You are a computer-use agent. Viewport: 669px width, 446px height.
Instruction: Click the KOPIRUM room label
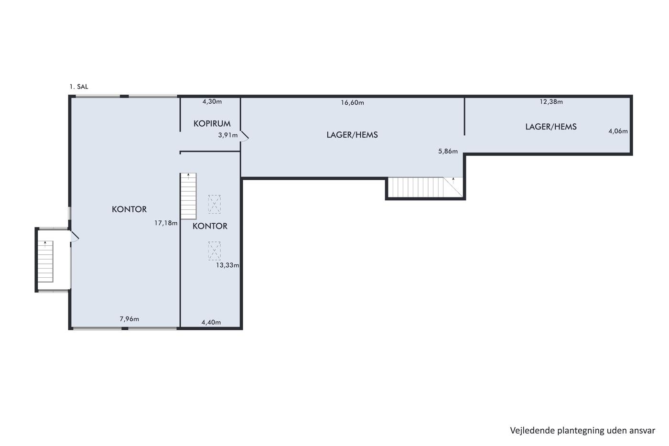click(212, 123)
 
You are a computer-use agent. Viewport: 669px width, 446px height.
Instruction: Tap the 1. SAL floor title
click(79, 87)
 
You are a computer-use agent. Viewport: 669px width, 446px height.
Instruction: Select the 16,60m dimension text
click(353, 103)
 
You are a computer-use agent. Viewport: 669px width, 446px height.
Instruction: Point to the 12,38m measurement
click(551, 102)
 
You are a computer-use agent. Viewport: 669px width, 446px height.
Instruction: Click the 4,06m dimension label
click(618, 131)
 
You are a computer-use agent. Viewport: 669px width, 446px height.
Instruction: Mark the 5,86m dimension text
click(448, 152)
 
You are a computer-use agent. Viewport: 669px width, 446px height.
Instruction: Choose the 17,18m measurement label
click(166, 223)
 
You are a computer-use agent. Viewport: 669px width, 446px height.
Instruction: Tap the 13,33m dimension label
click(227, 265)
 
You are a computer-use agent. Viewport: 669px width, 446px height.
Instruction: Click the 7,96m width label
click(129, 319)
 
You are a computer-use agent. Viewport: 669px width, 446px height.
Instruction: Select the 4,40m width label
click(211, 322)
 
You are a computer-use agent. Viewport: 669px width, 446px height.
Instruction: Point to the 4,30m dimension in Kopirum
click(212, 101)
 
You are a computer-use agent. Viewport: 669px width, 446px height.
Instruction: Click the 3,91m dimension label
click(228, 135)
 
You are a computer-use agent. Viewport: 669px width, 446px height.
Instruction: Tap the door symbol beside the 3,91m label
click(245, 136)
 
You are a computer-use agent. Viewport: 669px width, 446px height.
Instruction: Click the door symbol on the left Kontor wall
click(75, 237)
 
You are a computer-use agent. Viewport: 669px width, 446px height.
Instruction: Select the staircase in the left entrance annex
click(45, 261)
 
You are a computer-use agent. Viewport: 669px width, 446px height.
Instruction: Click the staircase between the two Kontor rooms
click(188, 196)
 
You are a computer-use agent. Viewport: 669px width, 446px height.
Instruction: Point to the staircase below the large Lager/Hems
click(425, 187)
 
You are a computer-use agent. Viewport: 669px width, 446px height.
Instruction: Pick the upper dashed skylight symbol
click(215, 204)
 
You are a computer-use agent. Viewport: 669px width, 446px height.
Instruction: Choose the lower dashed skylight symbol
click(215, 251)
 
